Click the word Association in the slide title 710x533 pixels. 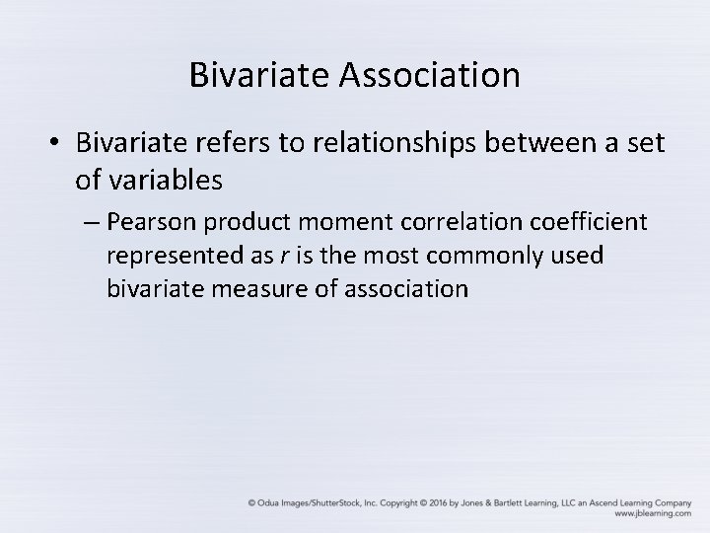pos(430,74)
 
